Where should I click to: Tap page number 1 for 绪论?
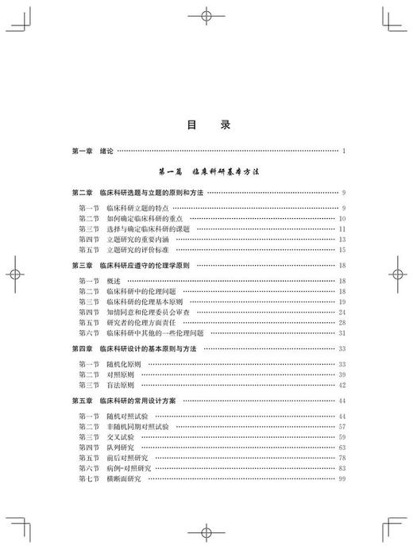[x=342, y=150]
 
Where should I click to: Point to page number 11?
[x=342, y=228]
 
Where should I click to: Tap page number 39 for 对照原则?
[x=342, y=374]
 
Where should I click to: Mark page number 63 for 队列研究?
[x=342, y=447]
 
